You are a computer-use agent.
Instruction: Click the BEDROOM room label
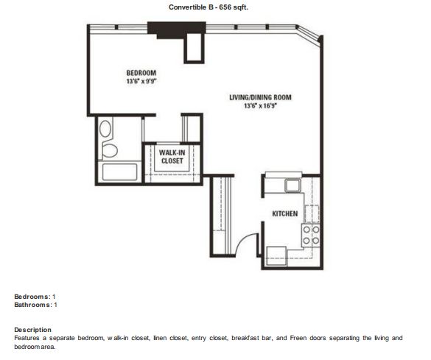tap(141, 73)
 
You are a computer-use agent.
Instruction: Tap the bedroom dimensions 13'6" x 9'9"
tap(141, 81)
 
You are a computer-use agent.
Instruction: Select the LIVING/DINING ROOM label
tap(260, 97)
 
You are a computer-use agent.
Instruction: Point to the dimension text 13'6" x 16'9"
tap(260, 105)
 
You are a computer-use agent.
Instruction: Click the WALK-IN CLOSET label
tap(172, 157)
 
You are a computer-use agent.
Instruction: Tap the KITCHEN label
tap(285, 213)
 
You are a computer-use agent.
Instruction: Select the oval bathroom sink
tap(105, 128)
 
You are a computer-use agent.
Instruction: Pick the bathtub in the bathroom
tap(119, 172)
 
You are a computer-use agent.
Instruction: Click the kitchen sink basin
tap(292, 186)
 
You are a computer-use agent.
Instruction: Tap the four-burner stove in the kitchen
tap(311, 235)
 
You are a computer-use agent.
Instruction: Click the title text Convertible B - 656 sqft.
tap(209, 7)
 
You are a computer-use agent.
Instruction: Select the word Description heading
tap(32, 330)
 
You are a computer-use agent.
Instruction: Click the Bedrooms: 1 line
tap(35, 297)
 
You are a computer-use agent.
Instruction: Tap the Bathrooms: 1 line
tap(36, 305)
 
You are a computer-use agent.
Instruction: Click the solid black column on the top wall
tap(177, 29)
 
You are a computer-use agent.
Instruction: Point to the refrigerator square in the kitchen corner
tap(276, 256)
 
